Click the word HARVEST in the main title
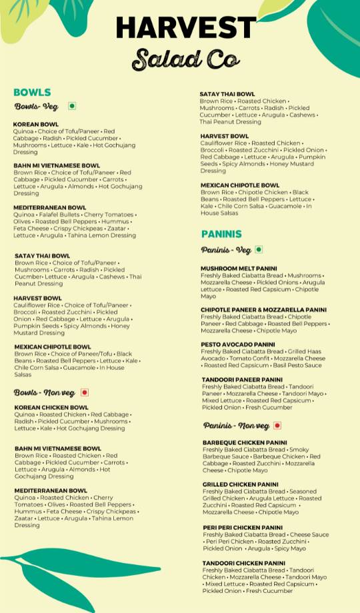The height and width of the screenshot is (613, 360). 185,28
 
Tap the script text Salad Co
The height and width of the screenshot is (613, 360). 185,59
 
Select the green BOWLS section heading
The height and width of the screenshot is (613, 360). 32,92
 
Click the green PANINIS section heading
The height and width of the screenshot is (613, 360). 221,234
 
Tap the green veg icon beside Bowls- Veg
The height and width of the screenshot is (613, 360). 72,106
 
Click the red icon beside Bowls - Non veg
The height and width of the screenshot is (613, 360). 85,392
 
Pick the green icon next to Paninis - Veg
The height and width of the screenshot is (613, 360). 259,250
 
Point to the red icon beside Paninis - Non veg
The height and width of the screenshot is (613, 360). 277,426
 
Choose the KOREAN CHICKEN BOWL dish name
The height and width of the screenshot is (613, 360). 51,407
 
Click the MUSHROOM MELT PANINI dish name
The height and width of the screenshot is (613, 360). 239,269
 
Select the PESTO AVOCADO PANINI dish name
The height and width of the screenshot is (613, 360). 237,344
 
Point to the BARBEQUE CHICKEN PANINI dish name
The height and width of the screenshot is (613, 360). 245,442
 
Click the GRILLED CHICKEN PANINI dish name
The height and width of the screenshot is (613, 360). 241,484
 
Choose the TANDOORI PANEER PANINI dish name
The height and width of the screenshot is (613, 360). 242,380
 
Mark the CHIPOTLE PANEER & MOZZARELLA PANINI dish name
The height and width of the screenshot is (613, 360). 263,310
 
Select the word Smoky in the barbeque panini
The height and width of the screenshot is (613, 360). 299,450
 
